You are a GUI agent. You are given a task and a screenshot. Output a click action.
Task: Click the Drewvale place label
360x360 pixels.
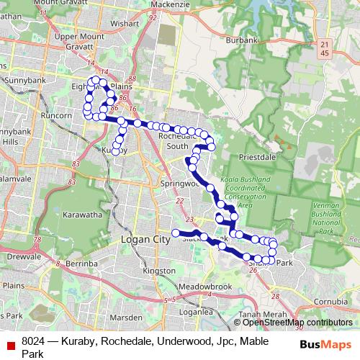(24, 256)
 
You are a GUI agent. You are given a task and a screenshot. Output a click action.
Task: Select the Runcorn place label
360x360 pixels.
(54, 114)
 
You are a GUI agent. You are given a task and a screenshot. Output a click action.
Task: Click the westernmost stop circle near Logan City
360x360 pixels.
(174, 232)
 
